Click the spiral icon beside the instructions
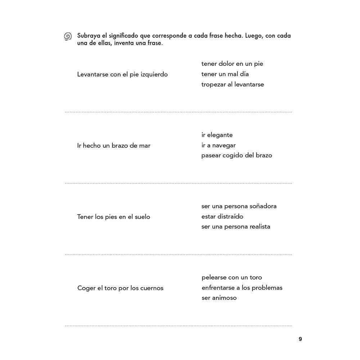(68, 36)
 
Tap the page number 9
(300, 339)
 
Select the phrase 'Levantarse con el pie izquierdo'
(122, 75)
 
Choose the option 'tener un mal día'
(225, 74)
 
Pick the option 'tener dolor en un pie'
(232, 64)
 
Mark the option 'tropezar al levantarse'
(233, 85)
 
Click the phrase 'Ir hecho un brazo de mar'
(114, 146)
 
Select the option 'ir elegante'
(217, 135)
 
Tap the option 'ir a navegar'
(219, 145)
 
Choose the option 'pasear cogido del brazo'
(237, 156)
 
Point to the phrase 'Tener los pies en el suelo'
(113, 217)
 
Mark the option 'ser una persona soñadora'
(239, 206)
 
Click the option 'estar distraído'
(222, 217)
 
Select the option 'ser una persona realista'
(236, 227)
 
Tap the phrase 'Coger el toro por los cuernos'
(120, 288)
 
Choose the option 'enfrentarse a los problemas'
(242, 288)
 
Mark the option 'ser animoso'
(219, 298)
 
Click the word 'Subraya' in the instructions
(89, 36)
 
